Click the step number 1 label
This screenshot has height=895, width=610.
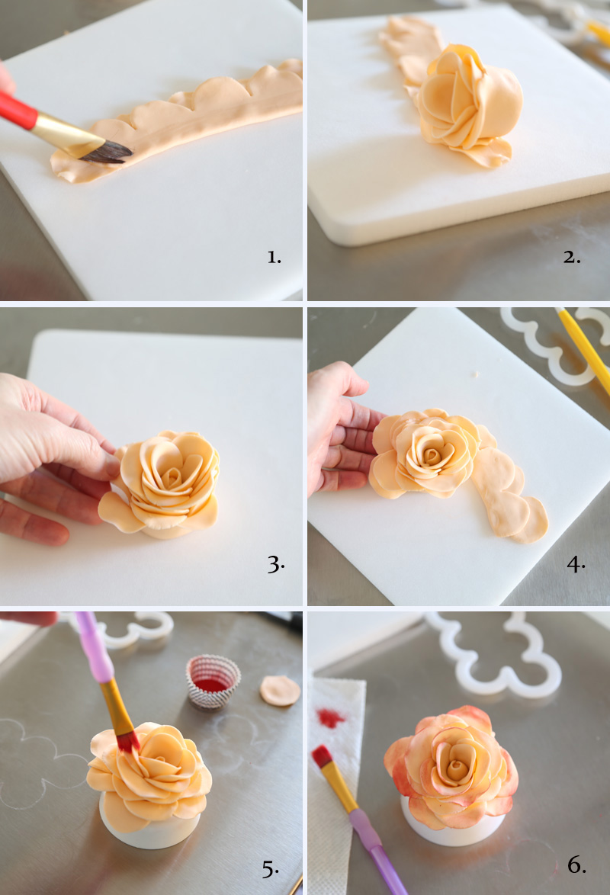[x=274, y=258]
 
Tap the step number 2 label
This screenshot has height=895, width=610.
[x=572, y=258]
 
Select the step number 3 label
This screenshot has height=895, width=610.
[x=276, y=564]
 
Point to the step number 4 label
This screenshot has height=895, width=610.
[x=576, y=564]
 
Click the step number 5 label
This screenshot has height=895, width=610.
[x=270, y=869]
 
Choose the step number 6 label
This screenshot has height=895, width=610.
[x=576, y=865]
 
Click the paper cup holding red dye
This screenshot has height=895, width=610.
[x=213, y=682]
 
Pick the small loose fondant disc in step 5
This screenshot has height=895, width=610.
[x=280, y=691]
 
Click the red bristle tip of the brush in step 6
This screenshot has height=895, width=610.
[x=322, y=756]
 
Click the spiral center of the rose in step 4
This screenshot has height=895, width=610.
[x=432, y=455]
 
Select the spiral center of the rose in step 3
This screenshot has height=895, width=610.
[x=171, y=476]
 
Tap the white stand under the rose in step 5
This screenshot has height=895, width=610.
[x=149, y=825]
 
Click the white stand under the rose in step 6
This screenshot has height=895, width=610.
[x=451, y=828]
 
